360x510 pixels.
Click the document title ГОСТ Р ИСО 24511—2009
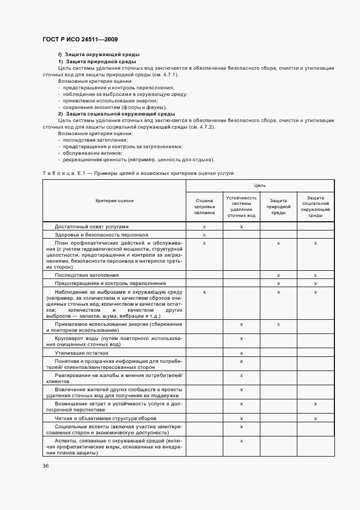click(x=80, y=40)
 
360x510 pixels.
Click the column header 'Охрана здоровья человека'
click(x=204, y=208)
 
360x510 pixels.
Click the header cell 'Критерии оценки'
click(x=114, y=201)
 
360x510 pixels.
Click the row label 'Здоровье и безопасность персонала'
click(x=101, y=234)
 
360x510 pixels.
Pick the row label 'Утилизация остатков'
click(x=81, y=353)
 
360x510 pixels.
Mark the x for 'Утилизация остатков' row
click(x=241, y=353)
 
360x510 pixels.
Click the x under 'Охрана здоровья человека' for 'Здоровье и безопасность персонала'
click(x=204, y=234)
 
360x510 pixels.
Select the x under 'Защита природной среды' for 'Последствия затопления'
click(x=278, y=275)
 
